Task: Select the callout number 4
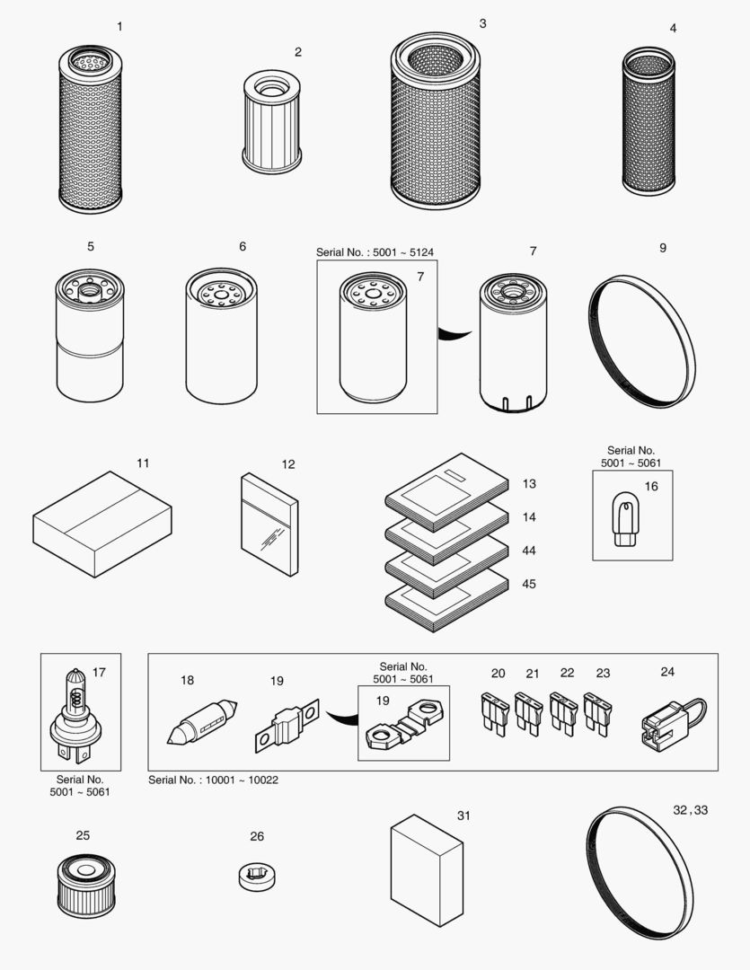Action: point(673,29)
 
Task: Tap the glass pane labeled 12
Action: point(269,525)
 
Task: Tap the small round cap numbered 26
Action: point(256,876)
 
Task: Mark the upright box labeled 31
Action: point(426,870)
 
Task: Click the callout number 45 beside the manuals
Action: point(529,584)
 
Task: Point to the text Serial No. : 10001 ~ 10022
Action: point(213,780)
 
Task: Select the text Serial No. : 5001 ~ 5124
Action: point(381,252)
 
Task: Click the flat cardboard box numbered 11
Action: point(101,523)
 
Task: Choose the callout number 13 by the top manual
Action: point(529,484)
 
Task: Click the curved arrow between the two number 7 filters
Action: point(455,334)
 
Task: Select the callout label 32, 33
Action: point(690,809)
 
